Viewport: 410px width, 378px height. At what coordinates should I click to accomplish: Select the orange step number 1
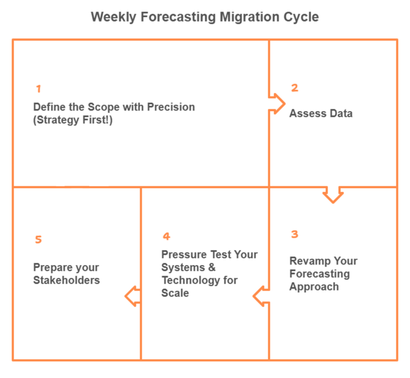[38, 89]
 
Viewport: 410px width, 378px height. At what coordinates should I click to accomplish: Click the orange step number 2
[294, 88]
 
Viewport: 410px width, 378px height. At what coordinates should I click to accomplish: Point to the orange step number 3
[295, 234]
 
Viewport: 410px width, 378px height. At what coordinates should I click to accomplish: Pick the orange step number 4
[167, 236]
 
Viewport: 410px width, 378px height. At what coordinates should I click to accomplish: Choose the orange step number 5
[38, 240]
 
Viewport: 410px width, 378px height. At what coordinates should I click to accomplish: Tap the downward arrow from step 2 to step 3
[333, 194]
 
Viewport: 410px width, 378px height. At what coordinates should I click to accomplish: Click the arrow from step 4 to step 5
[133, 296]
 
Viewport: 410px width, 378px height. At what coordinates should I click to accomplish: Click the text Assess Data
[321, 113]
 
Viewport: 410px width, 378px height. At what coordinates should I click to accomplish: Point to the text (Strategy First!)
[73, 120]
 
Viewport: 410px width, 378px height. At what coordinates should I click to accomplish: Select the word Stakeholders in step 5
[66, 280]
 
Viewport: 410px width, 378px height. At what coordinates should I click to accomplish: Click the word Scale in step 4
[175, 293]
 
